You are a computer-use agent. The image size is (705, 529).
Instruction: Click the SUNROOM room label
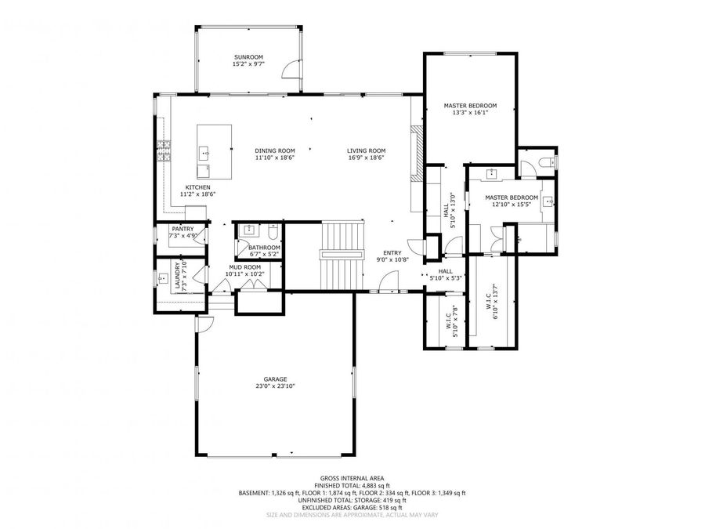[248, 57]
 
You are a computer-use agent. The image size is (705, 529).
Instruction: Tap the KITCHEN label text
[197, 187]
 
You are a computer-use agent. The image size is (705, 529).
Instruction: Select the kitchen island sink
[204, 150]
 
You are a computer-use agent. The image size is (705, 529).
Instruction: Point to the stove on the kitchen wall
[164, 150]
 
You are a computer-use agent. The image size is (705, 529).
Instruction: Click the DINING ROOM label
[274, 150]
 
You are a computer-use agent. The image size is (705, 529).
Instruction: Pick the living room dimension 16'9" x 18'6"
[367, 158]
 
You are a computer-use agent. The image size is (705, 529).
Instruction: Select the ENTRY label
[392, 252]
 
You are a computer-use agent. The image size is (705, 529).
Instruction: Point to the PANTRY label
[183, 229]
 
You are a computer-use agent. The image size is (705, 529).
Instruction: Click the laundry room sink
[163, 277]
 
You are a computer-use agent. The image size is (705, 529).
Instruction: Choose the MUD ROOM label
[244, 267]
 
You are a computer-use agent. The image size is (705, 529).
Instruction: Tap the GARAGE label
[274, 379]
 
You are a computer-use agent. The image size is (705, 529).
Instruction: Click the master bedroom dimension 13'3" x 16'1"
[470, 112]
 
